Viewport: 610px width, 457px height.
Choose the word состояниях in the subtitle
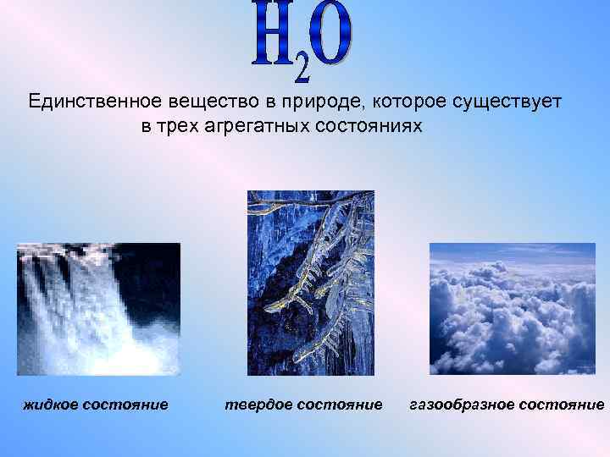[370, 127]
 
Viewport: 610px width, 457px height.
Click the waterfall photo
[98, 309]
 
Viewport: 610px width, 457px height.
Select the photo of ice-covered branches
[310, 283]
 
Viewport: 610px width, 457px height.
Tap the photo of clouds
[513, 309]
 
